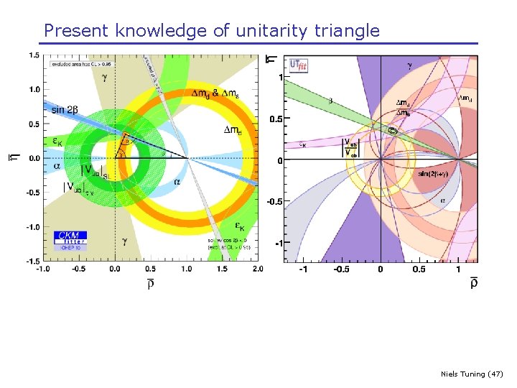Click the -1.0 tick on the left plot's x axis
tap(44, 269)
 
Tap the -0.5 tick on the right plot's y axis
tap(274, 202)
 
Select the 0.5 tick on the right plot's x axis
tap(419, 269)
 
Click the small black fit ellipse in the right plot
tap(392, 131)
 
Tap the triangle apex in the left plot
tap(125, 134)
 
